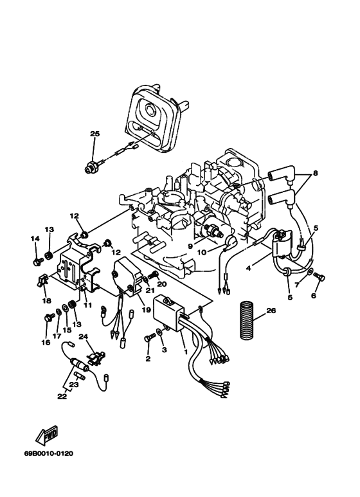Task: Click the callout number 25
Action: tap(95, 134)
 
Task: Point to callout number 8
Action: tap(314, 174)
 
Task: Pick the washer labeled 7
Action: tap(310, 273)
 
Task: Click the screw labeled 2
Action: tap(149, 336)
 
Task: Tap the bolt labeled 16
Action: tap(49, 318)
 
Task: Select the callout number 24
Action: tap(82, 336)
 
